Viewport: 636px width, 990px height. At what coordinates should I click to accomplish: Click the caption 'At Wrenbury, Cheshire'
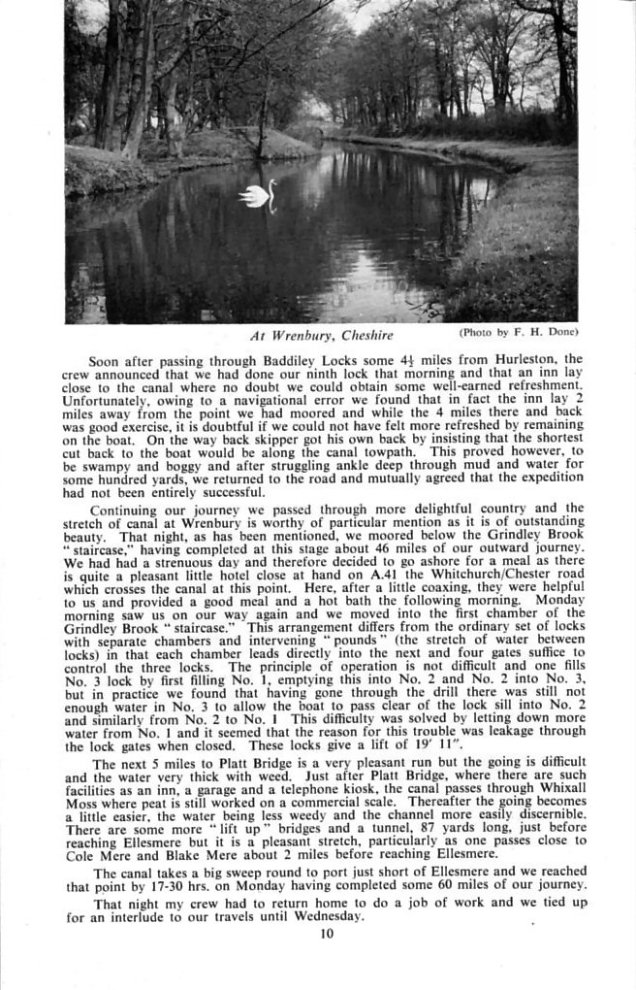(322, 336)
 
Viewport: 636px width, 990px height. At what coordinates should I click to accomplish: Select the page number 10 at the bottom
(326, 934)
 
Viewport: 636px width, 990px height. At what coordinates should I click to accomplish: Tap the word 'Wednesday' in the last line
(329, 916)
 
